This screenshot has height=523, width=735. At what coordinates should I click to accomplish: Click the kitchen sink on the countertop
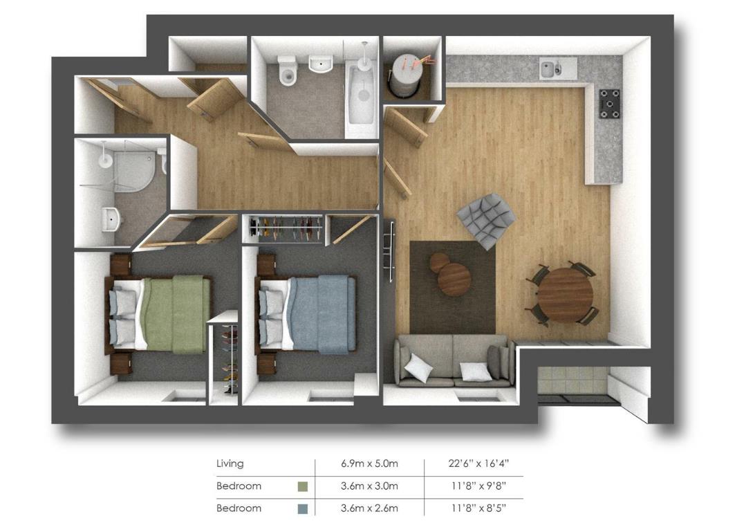(558, 68)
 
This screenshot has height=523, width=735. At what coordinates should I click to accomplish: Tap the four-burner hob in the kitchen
(609, 104)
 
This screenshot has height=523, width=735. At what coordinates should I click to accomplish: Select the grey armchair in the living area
(486, 220)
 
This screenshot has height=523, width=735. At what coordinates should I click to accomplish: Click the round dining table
(565, 294)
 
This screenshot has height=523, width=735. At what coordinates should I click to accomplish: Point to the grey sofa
(454, 360)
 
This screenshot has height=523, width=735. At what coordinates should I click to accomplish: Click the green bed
(158, 314)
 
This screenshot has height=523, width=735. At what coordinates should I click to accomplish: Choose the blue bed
(305, 313)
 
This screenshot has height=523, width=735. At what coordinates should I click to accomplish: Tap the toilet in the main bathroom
(287, 71)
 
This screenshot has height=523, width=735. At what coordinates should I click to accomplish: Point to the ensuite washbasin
(111, 219)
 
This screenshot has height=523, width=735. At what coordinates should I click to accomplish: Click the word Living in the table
(230, 464)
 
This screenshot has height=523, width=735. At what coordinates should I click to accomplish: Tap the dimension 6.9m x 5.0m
(369, 464)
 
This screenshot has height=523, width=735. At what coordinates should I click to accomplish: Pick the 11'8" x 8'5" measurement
(478, 508)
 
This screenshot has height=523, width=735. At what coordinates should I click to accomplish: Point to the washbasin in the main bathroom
(321, 64)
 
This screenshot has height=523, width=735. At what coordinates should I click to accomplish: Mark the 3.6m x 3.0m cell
(369, 486)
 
